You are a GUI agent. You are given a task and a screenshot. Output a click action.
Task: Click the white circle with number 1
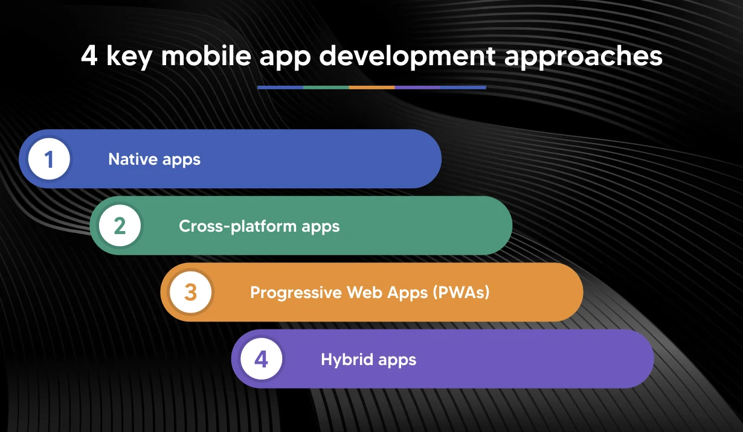(x=49, y=159)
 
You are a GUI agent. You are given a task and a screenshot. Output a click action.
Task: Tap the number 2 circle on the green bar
(x=120, y=226)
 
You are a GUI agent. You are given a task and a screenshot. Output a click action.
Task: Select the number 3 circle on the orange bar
(x=190, y=293)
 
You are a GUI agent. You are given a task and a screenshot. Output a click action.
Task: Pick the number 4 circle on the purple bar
(x=261, y=360)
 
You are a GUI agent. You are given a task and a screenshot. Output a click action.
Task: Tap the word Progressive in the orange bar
(x=296, y=293)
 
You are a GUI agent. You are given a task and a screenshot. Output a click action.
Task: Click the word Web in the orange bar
(x=363, y=293)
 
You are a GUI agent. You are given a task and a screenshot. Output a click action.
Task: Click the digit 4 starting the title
(x=89, y=56)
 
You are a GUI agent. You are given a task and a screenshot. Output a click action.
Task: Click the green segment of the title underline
(x=326, y=87)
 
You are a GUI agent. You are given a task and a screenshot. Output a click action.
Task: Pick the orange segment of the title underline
(x=372, y=87)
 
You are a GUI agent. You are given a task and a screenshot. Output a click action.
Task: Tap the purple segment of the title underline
(x=417, y=87)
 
